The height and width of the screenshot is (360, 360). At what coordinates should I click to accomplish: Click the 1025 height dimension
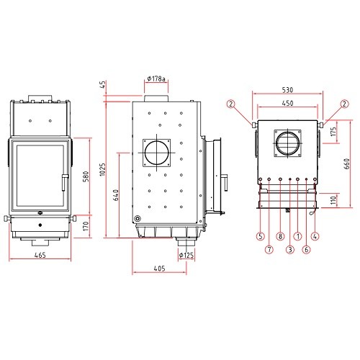102,169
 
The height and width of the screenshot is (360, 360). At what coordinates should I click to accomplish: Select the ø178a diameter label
156,78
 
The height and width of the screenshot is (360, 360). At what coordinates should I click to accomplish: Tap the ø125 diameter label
186,255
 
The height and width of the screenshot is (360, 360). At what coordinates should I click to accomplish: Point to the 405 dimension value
159,269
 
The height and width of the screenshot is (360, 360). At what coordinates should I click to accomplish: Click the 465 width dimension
40,255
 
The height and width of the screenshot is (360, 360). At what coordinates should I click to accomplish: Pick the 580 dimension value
86,176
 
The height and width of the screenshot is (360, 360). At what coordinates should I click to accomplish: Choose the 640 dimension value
116,195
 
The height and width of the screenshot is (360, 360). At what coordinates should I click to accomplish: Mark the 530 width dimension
287,90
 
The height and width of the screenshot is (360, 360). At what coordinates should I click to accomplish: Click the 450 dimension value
287,103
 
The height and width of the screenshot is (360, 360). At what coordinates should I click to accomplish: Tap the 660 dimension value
347,164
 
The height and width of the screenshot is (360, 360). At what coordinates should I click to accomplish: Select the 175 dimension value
333,132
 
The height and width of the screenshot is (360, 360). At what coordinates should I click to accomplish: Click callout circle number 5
261,236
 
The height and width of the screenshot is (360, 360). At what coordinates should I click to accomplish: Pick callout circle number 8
280,236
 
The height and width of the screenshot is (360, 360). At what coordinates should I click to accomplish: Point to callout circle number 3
290,250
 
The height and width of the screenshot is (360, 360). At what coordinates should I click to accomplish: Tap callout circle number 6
306,250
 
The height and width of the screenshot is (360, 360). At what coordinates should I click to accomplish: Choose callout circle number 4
315,236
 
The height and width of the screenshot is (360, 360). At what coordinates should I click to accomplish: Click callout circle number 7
269,250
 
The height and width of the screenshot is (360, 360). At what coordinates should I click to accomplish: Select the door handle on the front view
64,182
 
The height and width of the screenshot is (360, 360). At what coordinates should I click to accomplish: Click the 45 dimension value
102,84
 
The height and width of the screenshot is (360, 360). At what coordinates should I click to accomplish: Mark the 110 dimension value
333,200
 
